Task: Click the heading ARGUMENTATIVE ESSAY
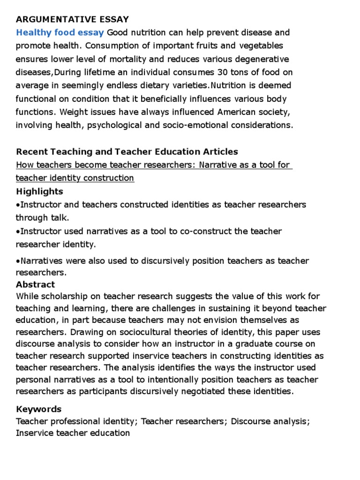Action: click(x=72, y=19)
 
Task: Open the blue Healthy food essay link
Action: click(x=60, y=32)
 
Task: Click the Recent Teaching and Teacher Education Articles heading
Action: click(x=127, y=151)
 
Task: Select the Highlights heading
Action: click(x=39, y=191)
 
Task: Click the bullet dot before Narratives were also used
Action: click(x=18, y=261)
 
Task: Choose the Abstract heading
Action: click(x=35, y=284)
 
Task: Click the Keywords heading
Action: click(x=38, y=409)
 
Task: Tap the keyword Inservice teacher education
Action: click(x=73, y=433)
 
